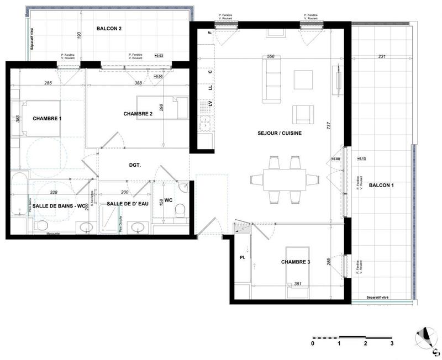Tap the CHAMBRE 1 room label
[47, 119]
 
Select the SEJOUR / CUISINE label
[279, 133]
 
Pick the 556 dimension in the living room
[271, 56]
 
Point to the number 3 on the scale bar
[392, 343]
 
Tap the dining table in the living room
[284, 179]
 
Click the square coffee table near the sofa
[302, 80]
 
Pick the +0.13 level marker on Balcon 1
[362, 159]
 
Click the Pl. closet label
[242, 258]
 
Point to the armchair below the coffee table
[303, 113]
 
